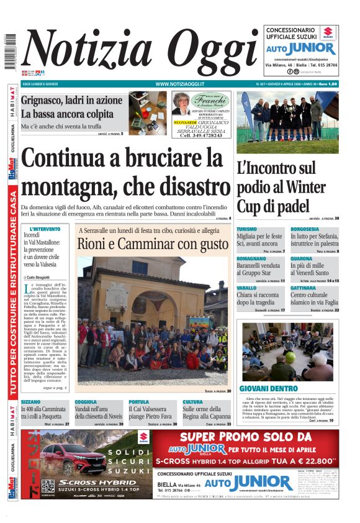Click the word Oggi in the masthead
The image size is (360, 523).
pyautogui.click(x=205, y=53)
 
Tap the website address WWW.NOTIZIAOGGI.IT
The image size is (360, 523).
pyautogui.click(x=179, y=84)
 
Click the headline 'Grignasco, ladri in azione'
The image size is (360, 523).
pyautogui.click(x=71, y=101)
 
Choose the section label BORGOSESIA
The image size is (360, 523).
pyautogui.click(x=305, y=229)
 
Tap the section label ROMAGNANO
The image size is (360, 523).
pyautogui.click(x=251, y=258)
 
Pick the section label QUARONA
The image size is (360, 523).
pyautogui.click(x=301, y=258)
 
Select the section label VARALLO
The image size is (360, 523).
pyautogui.click(x=246, y=288)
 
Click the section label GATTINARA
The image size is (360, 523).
pyautogui.click(x=304, y=288)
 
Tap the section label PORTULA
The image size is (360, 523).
pyautogui.click(x=138, y=402)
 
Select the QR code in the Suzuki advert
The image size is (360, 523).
pyautogui.click(x=48, y=486)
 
